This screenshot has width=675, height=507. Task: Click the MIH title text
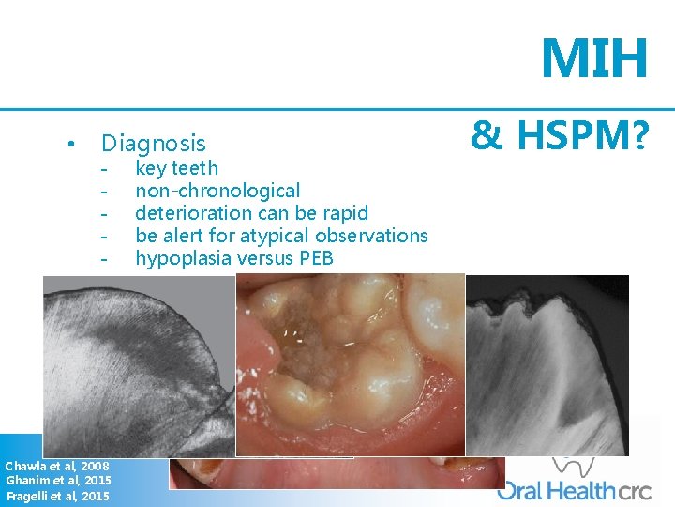594,59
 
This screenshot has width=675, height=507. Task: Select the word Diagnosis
153,144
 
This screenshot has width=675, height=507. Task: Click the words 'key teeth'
177,168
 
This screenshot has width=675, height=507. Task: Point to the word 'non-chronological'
217,191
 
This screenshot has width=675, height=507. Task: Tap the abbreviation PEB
314,258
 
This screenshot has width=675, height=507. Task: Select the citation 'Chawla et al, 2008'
56,466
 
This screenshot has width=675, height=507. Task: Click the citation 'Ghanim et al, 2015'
58,481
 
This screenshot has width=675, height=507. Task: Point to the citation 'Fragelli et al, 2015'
57,496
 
